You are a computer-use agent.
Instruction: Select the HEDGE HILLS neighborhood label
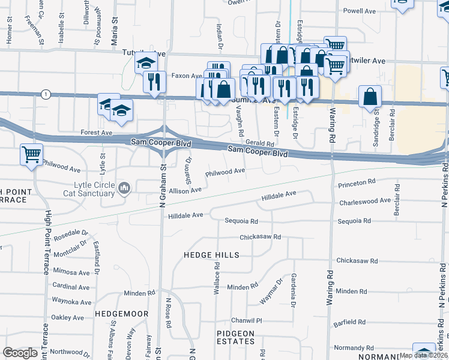pyautogui.click(x=211, y=255)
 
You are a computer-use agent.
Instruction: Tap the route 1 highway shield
pyautogui.click(x=46, y=94)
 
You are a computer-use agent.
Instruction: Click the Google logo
pyautogui.click(x=20, y=353)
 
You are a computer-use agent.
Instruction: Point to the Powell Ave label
pyautogui.click(x=360, y=11)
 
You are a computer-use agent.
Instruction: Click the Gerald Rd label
pyautogui.click(x=259, y=144)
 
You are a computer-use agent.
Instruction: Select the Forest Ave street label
pyautogui.click(x=97, y=132)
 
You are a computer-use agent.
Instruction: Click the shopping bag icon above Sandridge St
pyautogui.click(x=370, y=96)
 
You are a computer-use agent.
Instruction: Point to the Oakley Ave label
pyautogui.click(x=68, y=317)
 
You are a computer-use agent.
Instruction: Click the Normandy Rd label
pyautogui.click(x=349, y=347)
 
